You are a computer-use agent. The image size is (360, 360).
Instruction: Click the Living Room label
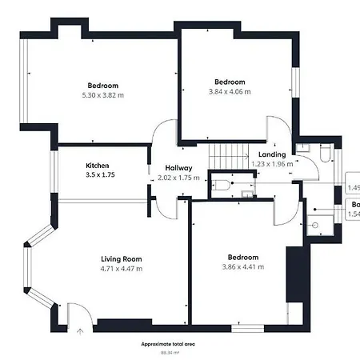point(121,258)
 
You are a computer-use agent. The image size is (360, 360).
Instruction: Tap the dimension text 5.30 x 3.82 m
point(102,95)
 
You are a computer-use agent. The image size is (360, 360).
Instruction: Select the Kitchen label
point(98,166)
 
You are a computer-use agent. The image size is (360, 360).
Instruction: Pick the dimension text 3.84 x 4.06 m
point(229,91)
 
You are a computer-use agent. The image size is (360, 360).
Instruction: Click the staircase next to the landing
point(229,154)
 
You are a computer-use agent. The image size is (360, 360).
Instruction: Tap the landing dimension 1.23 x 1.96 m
point(273,163)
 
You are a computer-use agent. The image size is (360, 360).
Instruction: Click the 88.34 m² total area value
point(168,351)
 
